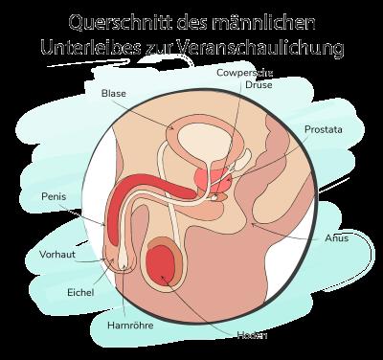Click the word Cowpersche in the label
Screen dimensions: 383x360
[x=243, y=70]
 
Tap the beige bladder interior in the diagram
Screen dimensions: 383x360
[x=202, y=140]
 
